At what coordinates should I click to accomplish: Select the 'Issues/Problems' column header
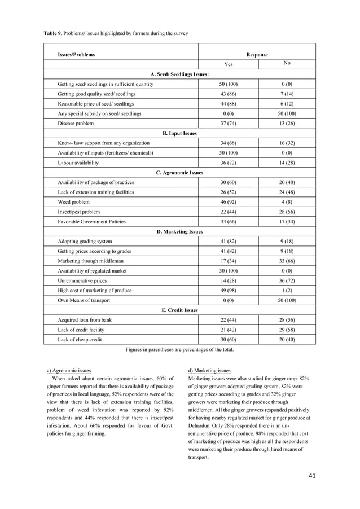(x=76, y=55)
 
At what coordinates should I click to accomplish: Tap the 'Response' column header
(x=256, y=55)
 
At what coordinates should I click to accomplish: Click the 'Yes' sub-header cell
(x=229, y=64)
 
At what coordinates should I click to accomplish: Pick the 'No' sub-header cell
(x=287, y=64)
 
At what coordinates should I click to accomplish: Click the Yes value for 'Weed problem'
(x=229, y=202)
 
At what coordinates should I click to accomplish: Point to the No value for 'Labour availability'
(x=287, y=163)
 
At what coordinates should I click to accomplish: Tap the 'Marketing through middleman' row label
(x=90, y=261)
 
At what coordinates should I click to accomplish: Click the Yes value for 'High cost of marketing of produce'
(x=229, y=290)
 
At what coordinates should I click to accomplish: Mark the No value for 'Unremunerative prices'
(x=287, y=280)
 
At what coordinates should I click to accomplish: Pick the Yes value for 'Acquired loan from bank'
(x=229, y=319)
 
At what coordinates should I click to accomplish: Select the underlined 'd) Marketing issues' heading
(x=208, y=371)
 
